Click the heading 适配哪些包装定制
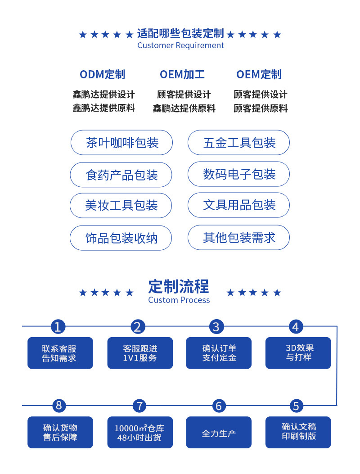tap(180, 34)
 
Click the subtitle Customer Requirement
tap(180, 45)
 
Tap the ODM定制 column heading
tap(103, 74)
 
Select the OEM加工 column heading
tap(182, 74)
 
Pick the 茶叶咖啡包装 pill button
tap(121, 143)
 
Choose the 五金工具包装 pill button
tap(238, 143)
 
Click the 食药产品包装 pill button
tap(121, 175)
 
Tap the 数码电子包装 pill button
tap(238, 174)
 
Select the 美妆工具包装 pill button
tap(121, 206)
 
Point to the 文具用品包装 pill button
tap(238, 205)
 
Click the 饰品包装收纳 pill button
tap(121, 238)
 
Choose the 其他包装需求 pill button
tap(238, 237)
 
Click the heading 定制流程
tap(179, 286)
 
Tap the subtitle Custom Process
tap(179, 300)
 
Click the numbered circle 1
tap(58, 326)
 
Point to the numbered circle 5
tap(296, 406)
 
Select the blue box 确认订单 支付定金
tap(219, 353)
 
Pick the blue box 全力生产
tap(219, 433)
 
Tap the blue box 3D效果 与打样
tap(298, 353)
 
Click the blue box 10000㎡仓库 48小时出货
tap(139, 433)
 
